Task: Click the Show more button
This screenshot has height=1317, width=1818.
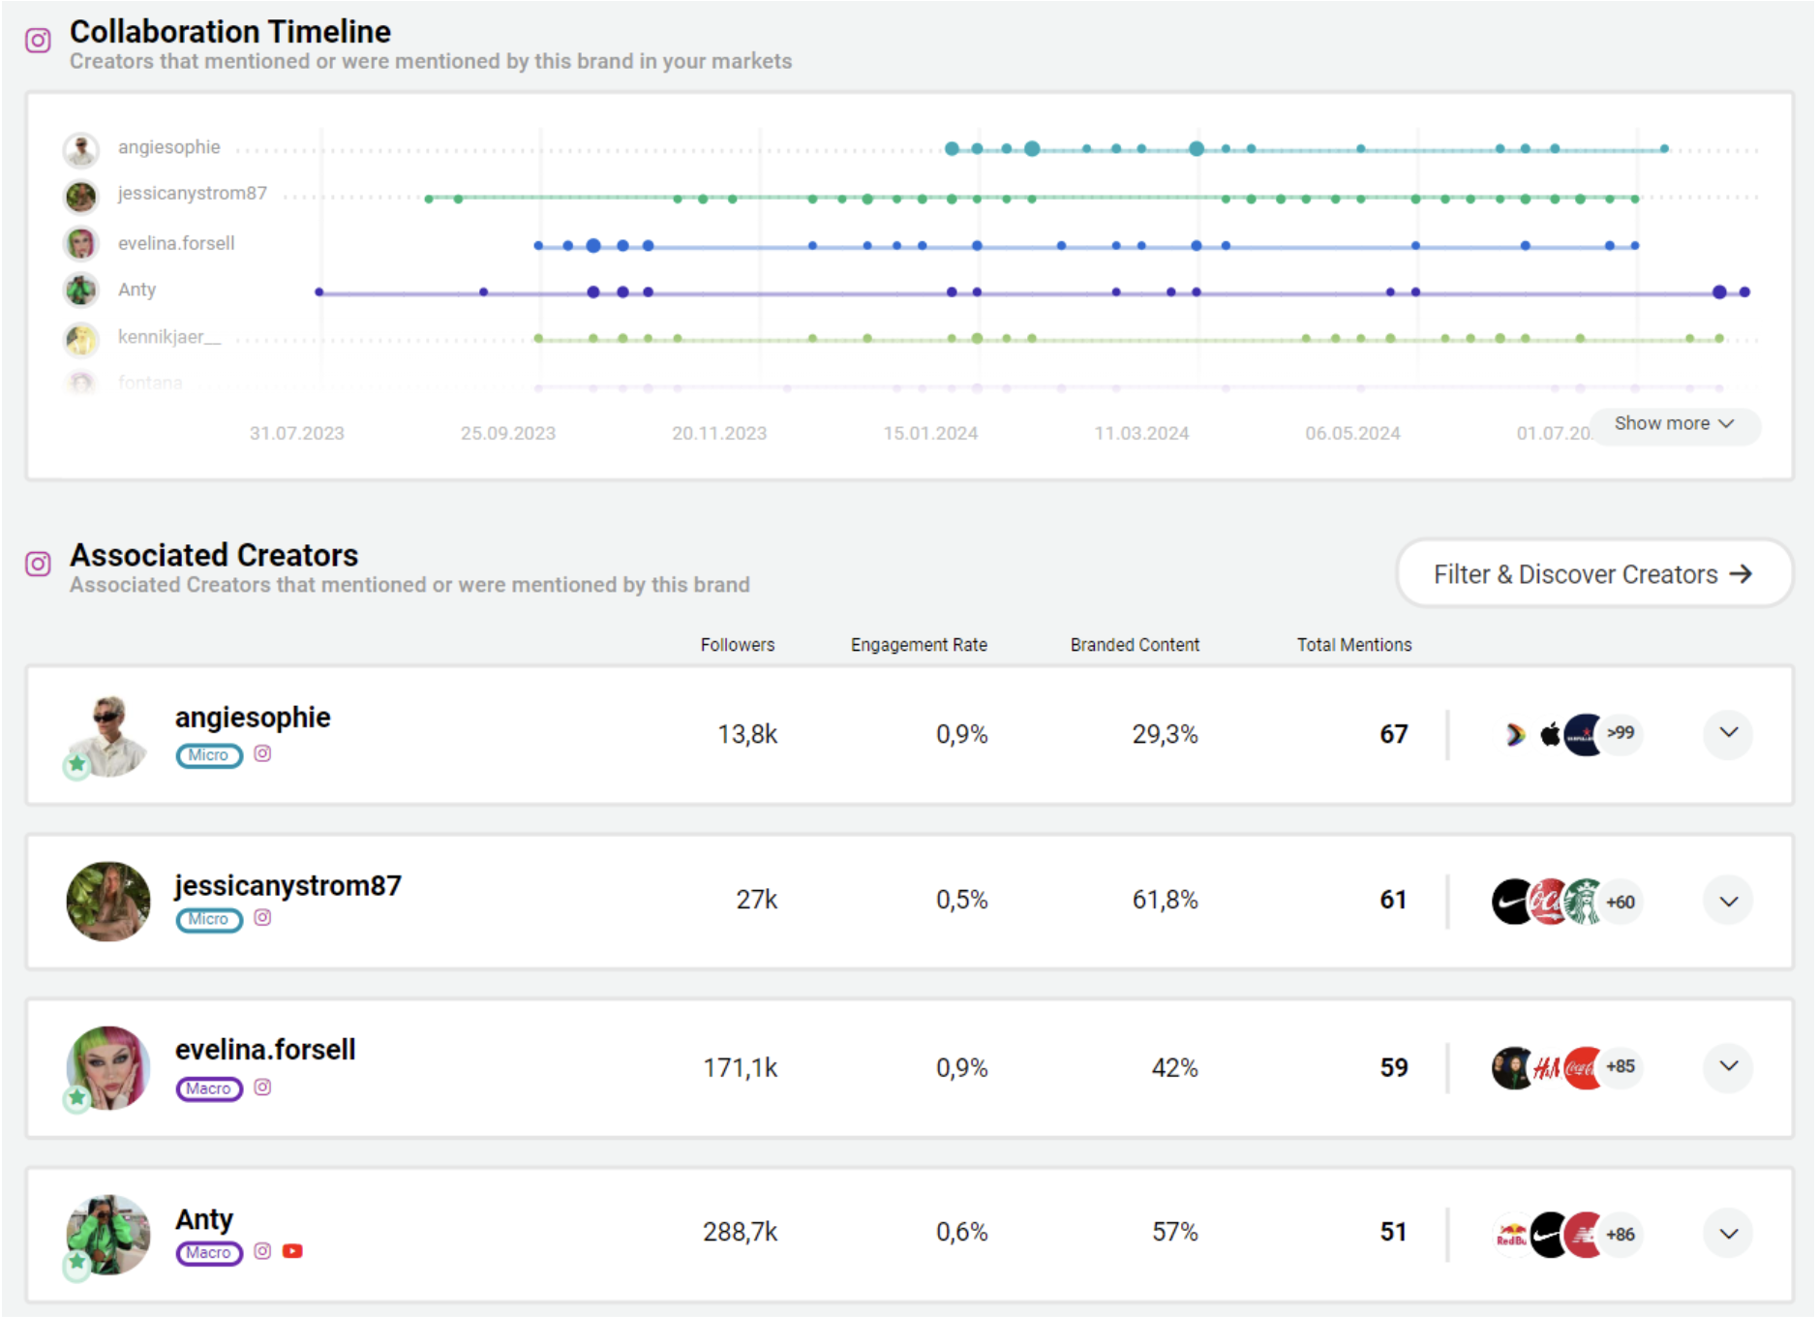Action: coord(1674,424)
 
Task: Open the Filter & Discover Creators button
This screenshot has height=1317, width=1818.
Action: coord(1593,574)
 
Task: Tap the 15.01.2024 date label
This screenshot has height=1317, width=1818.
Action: coord(930,433)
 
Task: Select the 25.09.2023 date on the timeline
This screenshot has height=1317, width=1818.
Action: coord(508,433)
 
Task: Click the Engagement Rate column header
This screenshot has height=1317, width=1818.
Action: coord(919,645)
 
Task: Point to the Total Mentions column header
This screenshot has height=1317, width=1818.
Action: coord(1353,645)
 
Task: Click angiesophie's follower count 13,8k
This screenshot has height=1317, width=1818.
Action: coord(747,734)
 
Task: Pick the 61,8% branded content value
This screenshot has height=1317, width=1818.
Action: coord(1165,900)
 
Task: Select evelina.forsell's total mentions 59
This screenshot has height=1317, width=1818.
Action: coord(1393,1067)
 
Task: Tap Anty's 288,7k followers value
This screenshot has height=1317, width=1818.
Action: coord(741,1232)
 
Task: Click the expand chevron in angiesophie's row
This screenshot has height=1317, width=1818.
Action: coord(1728,733)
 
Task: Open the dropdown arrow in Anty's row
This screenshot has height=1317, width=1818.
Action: coord(1728,1234)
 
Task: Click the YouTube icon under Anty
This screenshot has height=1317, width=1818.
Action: coord(292,1251)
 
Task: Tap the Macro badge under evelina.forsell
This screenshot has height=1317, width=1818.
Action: coord(209,1088)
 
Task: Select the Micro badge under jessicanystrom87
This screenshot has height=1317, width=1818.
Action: coord(209,919)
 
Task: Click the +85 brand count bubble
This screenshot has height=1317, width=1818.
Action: coord(1620,1067)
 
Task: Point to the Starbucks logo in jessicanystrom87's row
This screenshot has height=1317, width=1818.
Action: coord(1584,902)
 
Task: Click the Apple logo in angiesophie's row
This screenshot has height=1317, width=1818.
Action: coord(1550,734)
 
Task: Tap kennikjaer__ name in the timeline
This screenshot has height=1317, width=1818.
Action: coord(169,337)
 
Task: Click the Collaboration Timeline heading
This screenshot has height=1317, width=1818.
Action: coord(230,32)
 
